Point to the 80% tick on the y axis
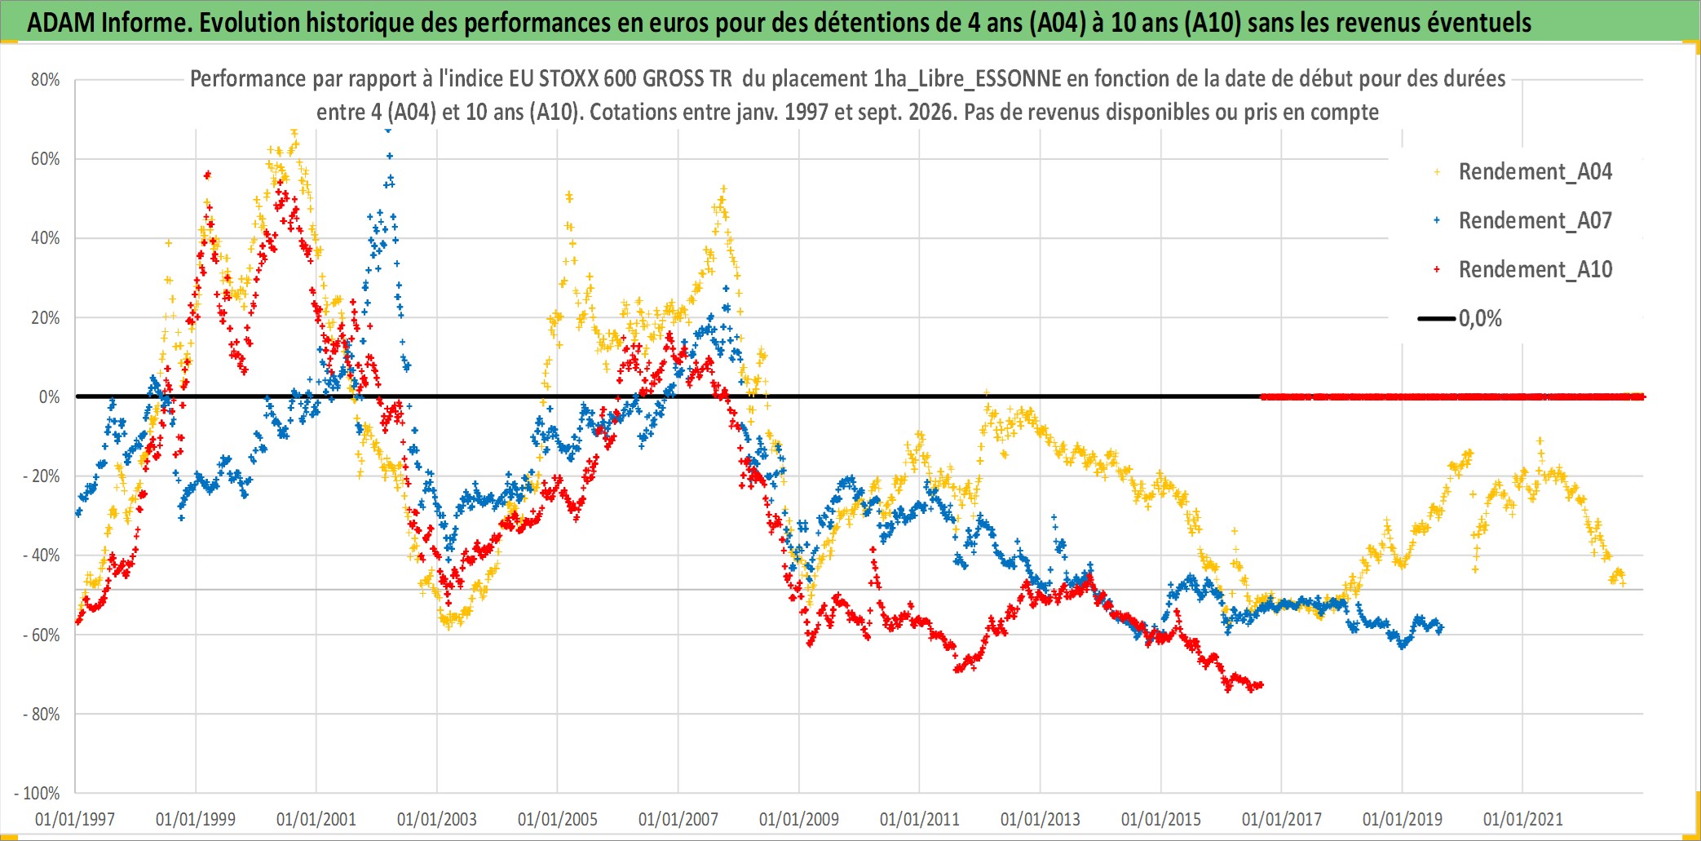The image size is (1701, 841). click(x=46, y=80)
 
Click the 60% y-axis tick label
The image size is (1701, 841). click(x=46, y=159)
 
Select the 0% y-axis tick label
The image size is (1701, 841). click(x=50, y=397)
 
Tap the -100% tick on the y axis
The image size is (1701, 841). click(x=38, y=794)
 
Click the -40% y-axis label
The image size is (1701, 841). click(x=42, y=556)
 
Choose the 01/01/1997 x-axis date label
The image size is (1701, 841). click(x=75, y=819)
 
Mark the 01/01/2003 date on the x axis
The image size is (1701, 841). click(x=437, y=819)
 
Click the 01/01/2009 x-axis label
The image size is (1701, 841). click(x=799, y=819)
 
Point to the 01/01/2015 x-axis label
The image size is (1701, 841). click(x=1161, y=819)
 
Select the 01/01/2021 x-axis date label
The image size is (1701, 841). click(x=1523, y=819)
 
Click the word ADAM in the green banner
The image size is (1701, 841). click(x=61, y=23)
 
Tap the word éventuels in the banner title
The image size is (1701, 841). click(x=1479, y=23)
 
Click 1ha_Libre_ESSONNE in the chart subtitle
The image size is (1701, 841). click(x=967, y=79)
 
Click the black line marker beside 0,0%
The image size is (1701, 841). click(x=1437, y=319)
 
